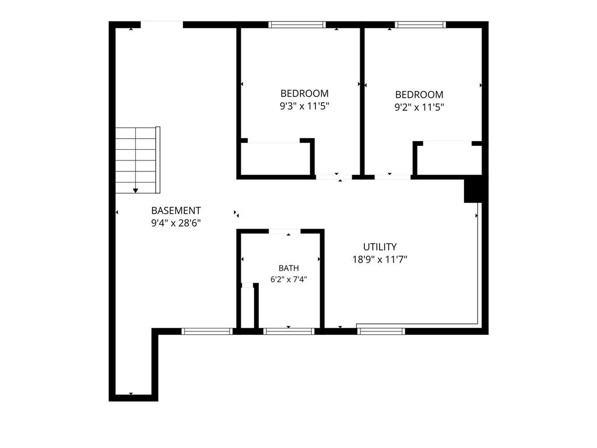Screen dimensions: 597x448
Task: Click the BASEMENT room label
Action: [x=176, y=211]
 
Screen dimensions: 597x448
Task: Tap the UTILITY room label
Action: [x=380, y=247]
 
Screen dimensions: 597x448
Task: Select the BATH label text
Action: [x=289, y=268]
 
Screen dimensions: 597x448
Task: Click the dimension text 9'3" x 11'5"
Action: [x=304, y=106]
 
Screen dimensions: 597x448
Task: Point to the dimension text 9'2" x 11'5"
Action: [x=419, y=107]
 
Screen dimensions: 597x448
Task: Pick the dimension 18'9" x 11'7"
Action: [x=380, y=260]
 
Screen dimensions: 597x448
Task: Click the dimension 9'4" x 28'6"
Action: [x=176, y=223]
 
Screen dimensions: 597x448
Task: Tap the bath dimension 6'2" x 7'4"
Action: [x=289, y=279]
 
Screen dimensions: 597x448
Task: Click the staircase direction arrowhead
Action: [x=135, y=191]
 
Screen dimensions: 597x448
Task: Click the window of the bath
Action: [x=289, y=331]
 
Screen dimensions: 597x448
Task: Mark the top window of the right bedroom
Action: [x=420, y=24]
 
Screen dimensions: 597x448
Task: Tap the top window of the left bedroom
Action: [x=297, y=24]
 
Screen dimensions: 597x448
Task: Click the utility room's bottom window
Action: [x=381, y=331]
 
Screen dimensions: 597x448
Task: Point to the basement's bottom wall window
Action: [x=207, y=331]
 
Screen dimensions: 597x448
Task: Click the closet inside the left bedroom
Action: [x=276, y=159]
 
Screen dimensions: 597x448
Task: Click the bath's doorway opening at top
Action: [x=285, y=231]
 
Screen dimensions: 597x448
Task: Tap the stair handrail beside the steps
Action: [x=158, y=160]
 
